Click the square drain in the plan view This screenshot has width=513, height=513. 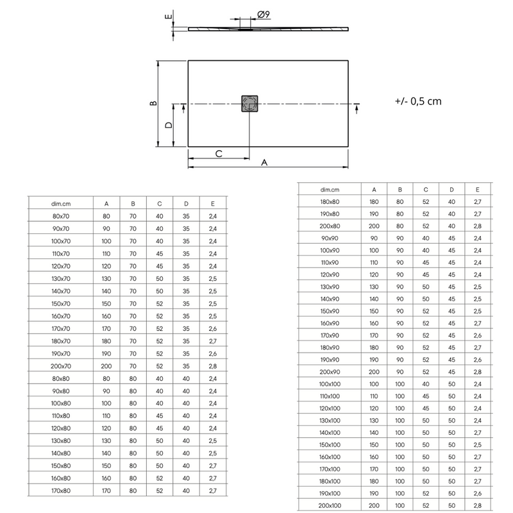(x=249, y=104)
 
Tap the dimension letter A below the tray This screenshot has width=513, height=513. (x=264, y=164)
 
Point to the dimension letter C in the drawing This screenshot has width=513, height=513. (x=218, y=154)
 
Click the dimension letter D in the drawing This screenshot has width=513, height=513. (x=169, y=125)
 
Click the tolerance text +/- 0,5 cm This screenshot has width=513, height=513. (x=418, y=101)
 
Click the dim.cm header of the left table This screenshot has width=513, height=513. (x=60, y=203)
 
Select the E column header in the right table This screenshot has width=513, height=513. (x=477, y=190)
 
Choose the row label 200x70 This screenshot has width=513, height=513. (x=60, y=366)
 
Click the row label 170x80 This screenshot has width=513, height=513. (x=60, y=490)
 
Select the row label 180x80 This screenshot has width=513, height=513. (x=330, y=202)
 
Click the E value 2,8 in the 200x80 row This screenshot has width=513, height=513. (x=477, y=226)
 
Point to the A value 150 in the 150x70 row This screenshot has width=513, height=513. (x=106, y=303)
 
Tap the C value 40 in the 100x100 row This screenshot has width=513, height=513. (x=426, y=383)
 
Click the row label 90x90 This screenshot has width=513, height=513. (x=330, y=238)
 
